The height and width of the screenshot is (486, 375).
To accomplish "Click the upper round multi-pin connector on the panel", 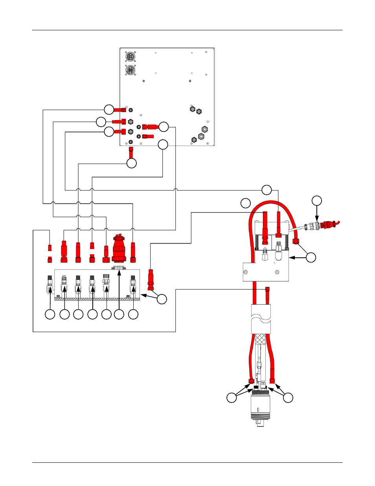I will [131, 57].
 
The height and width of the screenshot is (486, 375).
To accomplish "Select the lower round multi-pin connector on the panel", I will [131, 70].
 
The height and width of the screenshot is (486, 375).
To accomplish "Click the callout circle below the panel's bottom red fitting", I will [132, 163].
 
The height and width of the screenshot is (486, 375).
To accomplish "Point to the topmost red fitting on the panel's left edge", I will [120, 109].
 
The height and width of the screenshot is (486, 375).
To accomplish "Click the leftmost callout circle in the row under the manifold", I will [50, 314].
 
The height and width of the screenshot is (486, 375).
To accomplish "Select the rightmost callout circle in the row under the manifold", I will [134, 314].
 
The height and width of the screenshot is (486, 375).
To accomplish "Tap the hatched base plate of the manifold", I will [97, 299].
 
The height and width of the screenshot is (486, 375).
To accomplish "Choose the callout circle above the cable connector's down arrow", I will [317, 201].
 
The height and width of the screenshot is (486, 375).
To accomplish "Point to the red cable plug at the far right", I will [328, 225].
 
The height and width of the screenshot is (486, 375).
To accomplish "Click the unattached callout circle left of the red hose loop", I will [246, 203].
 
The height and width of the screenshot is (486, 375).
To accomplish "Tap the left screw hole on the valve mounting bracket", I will [246, 272].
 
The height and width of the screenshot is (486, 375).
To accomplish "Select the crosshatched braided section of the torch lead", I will [261, 338].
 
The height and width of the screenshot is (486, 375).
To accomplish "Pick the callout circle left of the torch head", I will [232, 398].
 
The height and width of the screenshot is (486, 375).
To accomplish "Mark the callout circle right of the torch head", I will [288, 398].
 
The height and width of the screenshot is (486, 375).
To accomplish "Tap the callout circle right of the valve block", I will [311, 257].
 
